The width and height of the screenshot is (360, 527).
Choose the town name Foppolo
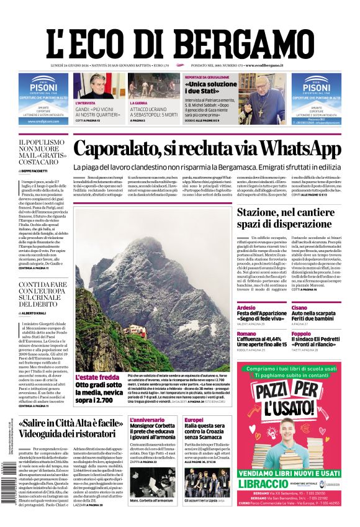[x=301, y=333]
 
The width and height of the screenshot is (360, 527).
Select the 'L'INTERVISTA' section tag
[x=86, y=102]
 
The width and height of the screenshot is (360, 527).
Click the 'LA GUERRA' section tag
[x=140, y=102]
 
